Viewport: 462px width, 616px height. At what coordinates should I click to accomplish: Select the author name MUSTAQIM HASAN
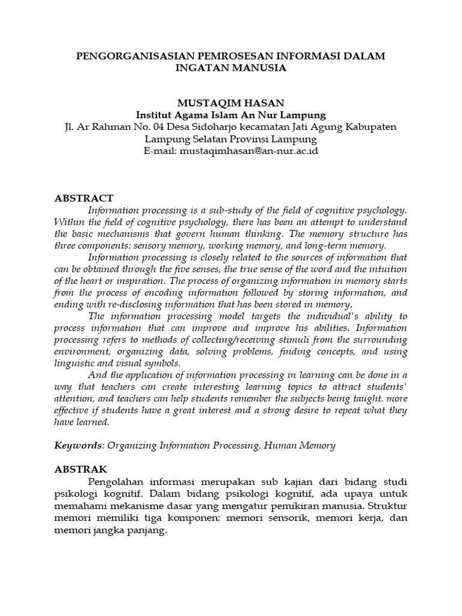click(x=231, y=103)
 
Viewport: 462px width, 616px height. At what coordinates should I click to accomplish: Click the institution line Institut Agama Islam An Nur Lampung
click(x=231, y=115)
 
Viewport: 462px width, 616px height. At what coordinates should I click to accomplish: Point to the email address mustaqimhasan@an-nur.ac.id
click(x=247, y=151)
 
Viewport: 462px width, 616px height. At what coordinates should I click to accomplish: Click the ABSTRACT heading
click(x=84, y=198)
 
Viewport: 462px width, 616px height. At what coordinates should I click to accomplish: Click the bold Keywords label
click(x=77, y=446)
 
